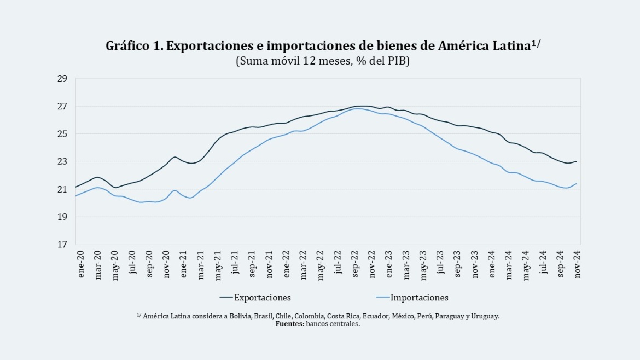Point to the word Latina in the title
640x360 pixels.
pyautogui.click(x=510, y=47)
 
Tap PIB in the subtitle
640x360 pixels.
pyautogui.click(x=397, y=61)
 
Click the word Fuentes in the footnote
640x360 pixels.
pyautogui.click(x=289, y=324)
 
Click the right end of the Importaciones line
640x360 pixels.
pyautogui.click(x=577, y=183)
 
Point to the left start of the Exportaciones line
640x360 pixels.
pyautogui.click(x=76, y=187)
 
